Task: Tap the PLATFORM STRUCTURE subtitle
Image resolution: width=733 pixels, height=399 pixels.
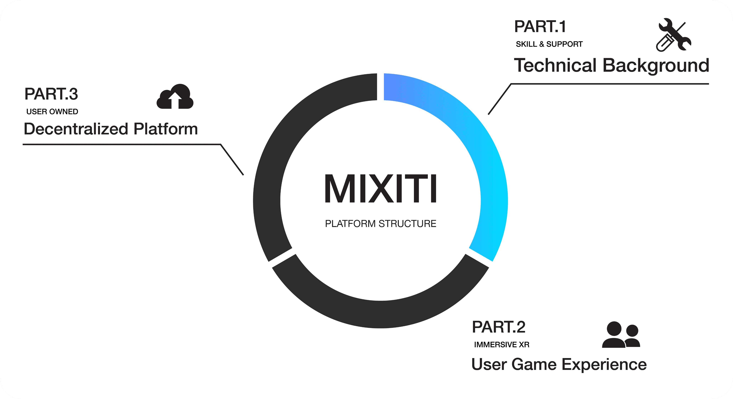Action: point(380,224)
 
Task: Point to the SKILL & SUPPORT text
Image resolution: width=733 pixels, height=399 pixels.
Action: point(549,44)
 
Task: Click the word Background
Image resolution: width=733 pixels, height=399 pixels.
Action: point(656,66)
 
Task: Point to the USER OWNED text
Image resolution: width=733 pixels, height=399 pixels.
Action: point(52,112)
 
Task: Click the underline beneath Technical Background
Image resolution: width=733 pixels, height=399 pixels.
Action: point(609,84)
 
